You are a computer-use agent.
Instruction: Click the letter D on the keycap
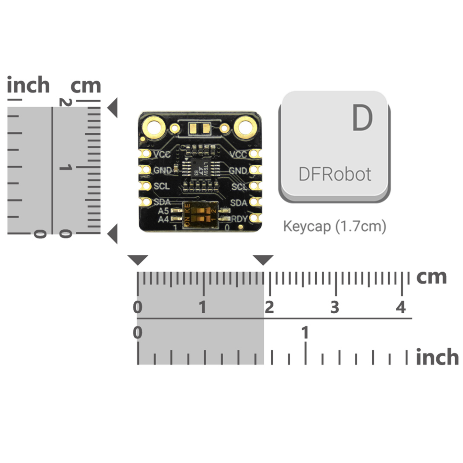[362, 118]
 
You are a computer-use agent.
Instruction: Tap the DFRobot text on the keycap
[335, 174]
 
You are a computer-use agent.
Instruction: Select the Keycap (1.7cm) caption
[335, 227]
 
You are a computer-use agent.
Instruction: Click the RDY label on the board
[239, 219]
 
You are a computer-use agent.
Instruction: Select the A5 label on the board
[163, 211]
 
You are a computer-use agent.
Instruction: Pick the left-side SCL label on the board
[161, 186]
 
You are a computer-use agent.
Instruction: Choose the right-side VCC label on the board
[238, 154]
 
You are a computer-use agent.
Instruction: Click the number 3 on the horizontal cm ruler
[335, 308]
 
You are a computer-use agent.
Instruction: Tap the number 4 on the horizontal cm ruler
[401, 308]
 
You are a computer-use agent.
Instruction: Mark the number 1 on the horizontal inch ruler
[305, 333]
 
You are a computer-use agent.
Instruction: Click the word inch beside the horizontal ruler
[437, 357]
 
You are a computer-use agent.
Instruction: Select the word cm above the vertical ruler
[86, 85]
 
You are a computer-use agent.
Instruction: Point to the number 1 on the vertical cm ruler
[65, 167]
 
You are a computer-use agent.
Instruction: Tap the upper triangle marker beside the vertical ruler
[113, 108]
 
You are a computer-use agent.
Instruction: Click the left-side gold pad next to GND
[146, 169]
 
